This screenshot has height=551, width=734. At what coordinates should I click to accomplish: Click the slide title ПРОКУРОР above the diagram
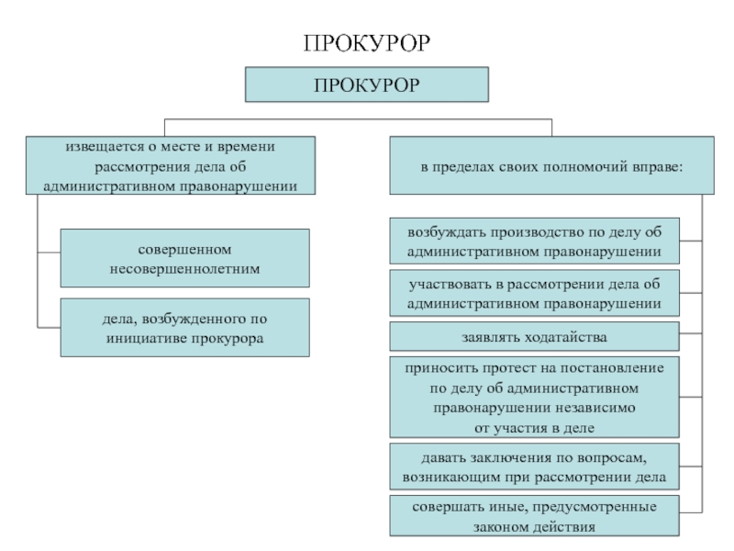click(366, 42)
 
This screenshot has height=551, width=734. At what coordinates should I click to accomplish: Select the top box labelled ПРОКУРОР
click(366, 84)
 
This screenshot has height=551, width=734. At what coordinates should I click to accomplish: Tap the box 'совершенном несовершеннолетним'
click(184, 259)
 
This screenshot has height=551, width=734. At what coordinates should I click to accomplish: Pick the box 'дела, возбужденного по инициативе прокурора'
click(184, 328)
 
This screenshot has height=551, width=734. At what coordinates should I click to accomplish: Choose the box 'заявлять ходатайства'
click(534, 337)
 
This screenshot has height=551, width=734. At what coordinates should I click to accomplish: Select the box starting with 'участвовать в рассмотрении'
click(534, 293)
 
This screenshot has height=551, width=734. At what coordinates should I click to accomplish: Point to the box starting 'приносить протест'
click(534, 397)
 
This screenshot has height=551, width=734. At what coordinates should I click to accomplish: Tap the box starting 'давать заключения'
click(534, 467)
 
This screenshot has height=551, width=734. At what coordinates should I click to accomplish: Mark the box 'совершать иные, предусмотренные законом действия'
click(534, 517)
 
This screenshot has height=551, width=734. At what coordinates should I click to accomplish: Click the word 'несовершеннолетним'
click(184, 269)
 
